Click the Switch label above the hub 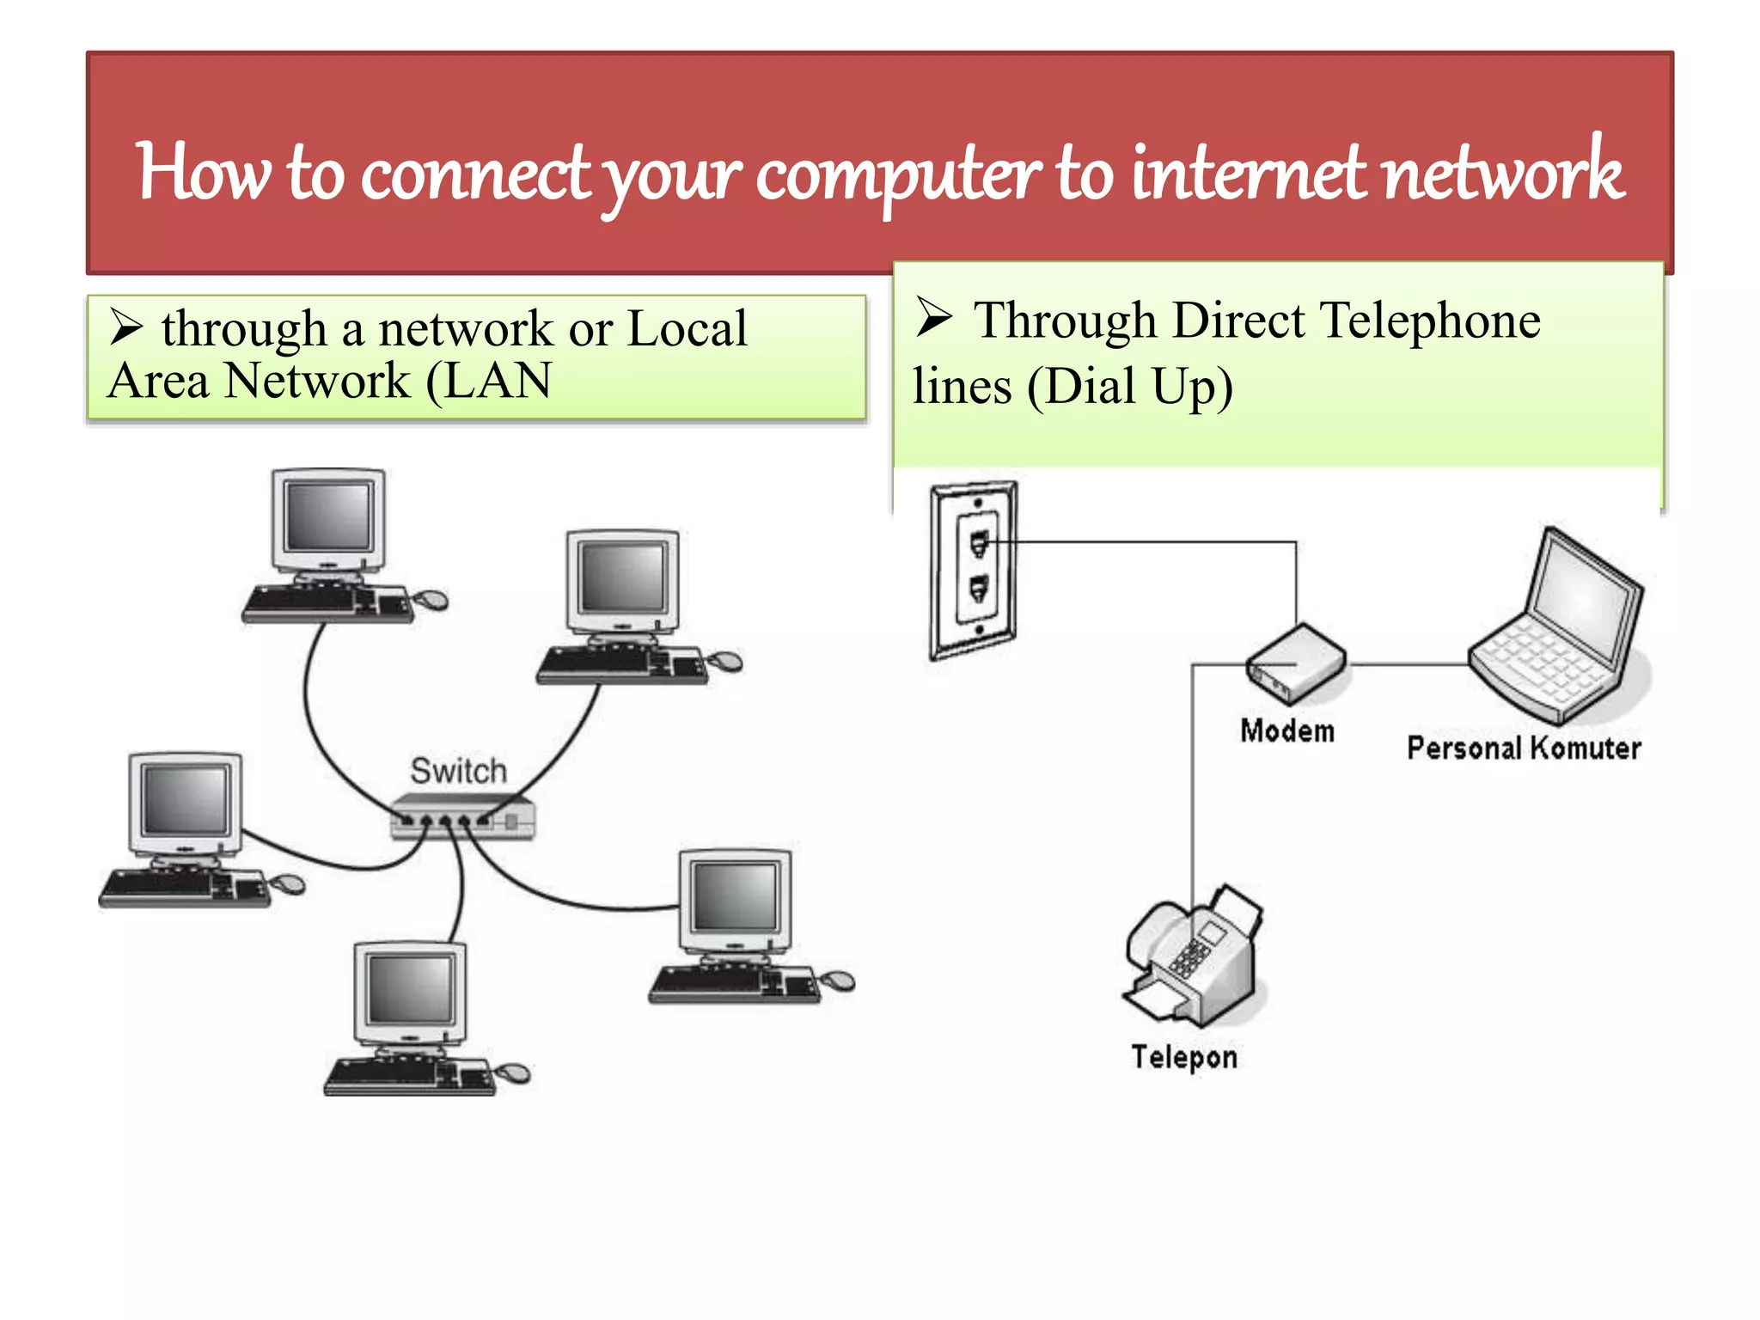458,771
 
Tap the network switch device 462,816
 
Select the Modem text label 1286,730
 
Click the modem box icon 1297,664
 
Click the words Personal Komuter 1523,748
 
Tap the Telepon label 1183,1056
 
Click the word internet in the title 1250,172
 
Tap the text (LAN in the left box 489,381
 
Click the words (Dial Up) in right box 1130,387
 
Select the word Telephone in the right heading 1430,321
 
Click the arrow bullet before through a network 126,327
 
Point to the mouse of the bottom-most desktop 514,1072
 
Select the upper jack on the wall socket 979,543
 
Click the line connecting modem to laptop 1408,664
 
